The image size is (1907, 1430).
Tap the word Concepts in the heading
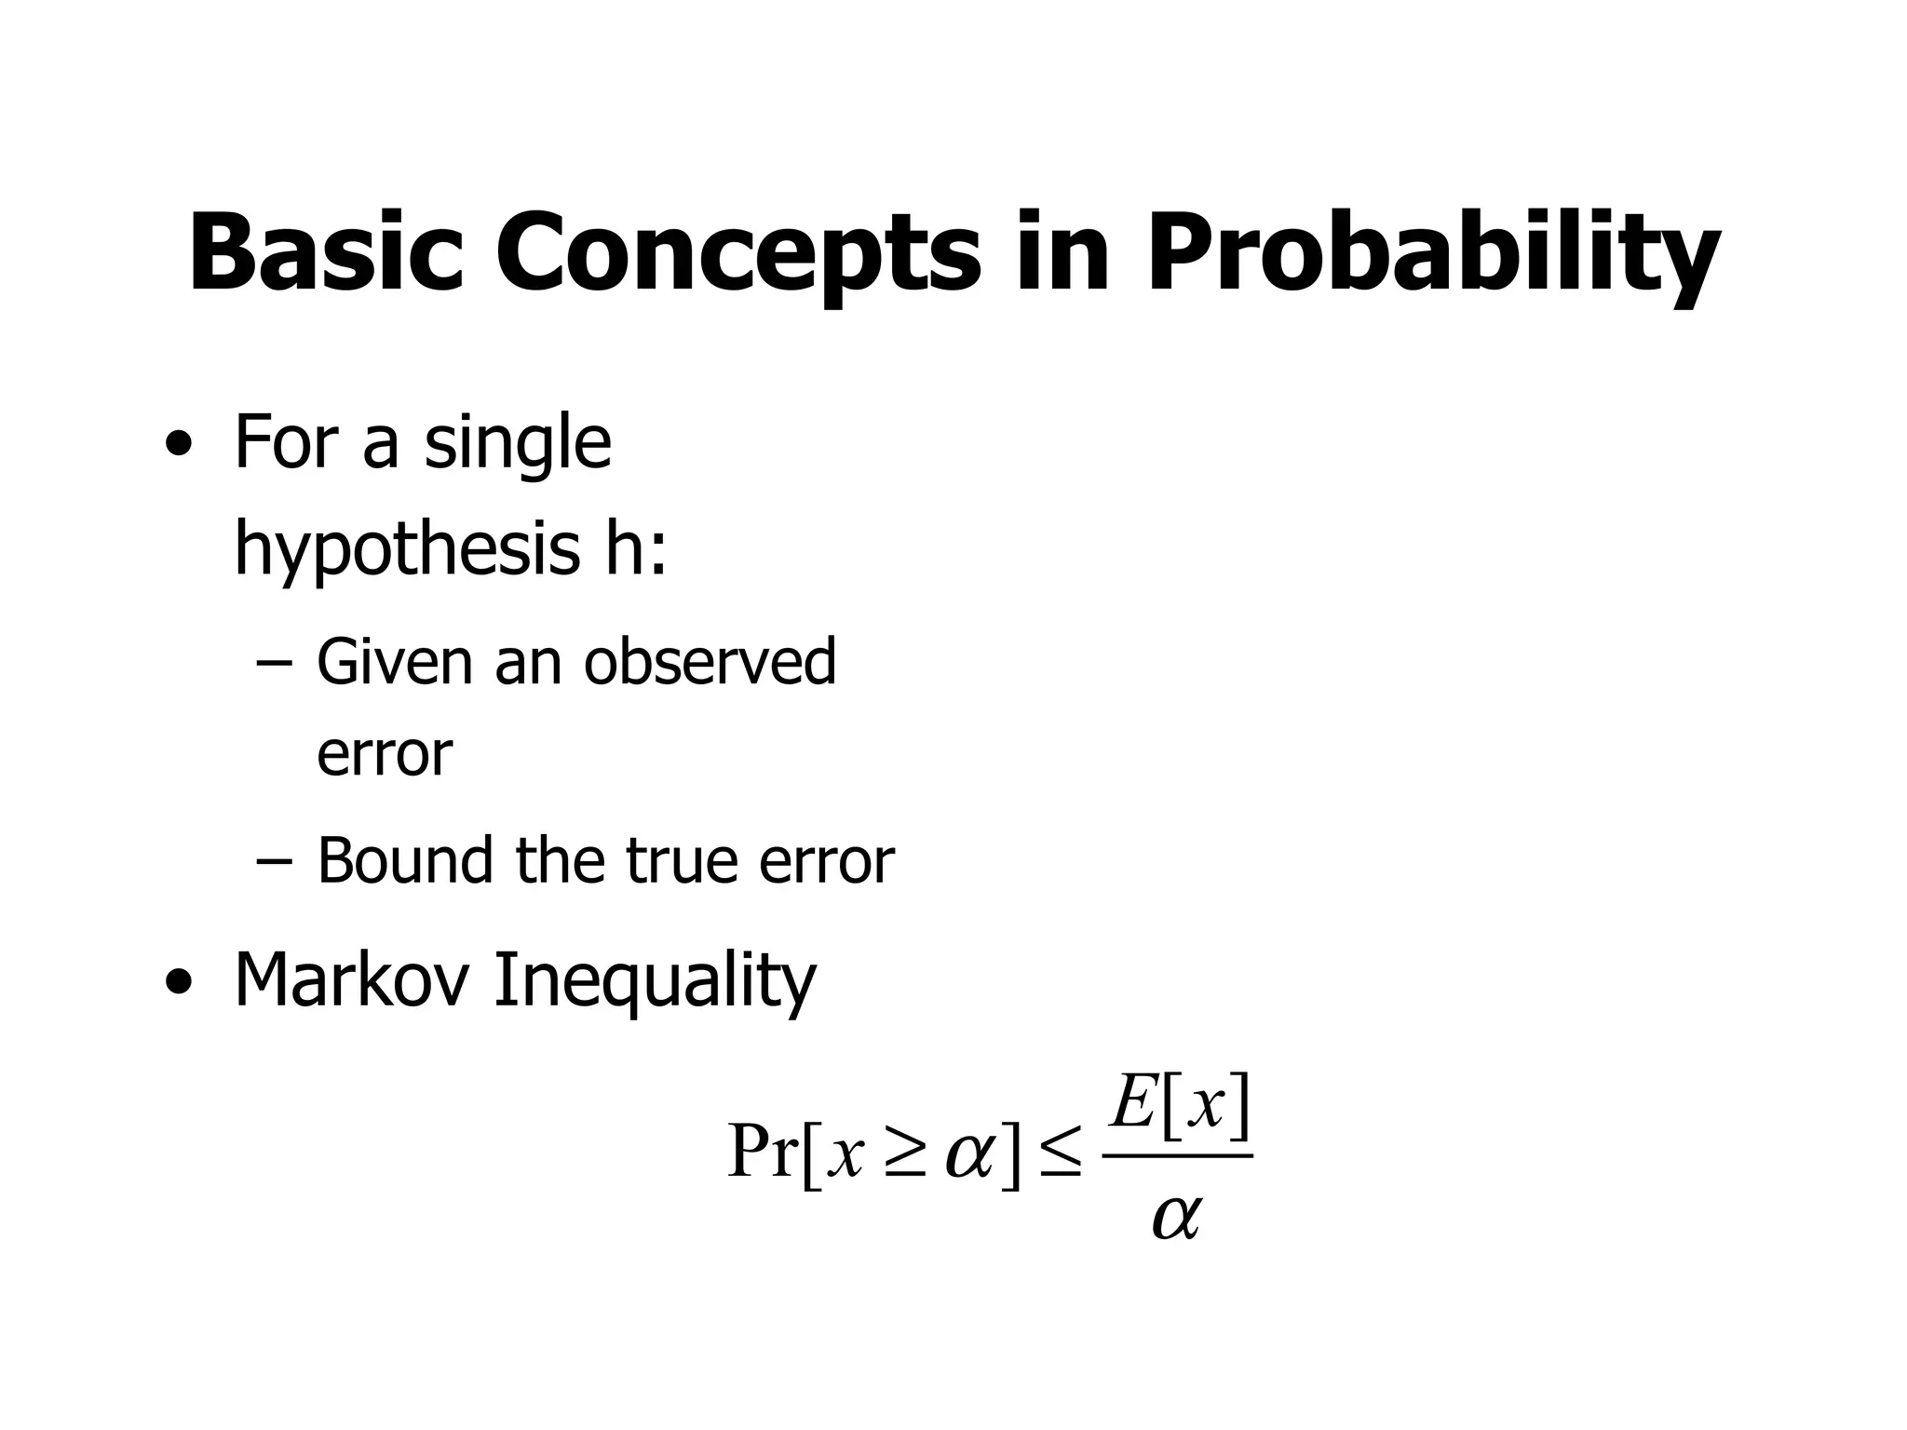pyautogui.click(x=737, y=253)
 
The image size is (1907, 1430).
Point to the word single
pyautogui.click(x=518, y=445)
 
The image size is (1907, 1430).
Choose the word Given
pyautogui.click(x=394, y=662)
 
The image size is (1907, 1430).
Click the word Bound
pyautogui.click(x=405, y=860)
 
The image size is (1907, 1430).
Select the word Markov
pyautogui.click(x=350, y=979)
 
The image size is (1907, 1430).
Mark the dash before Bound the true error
pyautogui.click(x=272, y=862)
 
